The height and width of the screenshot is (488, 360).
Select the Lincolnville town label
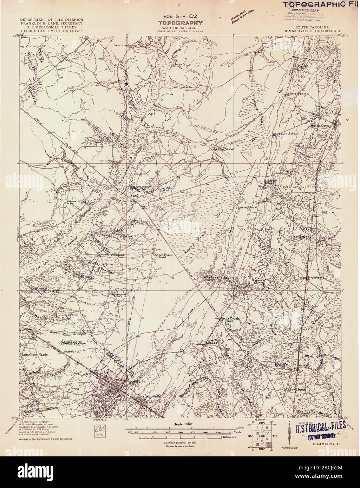[152, 396]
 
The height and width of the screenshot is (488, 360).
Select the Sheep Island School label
[161, 256]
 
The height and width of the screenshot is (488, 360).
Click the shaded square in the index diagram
[269, 445]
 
